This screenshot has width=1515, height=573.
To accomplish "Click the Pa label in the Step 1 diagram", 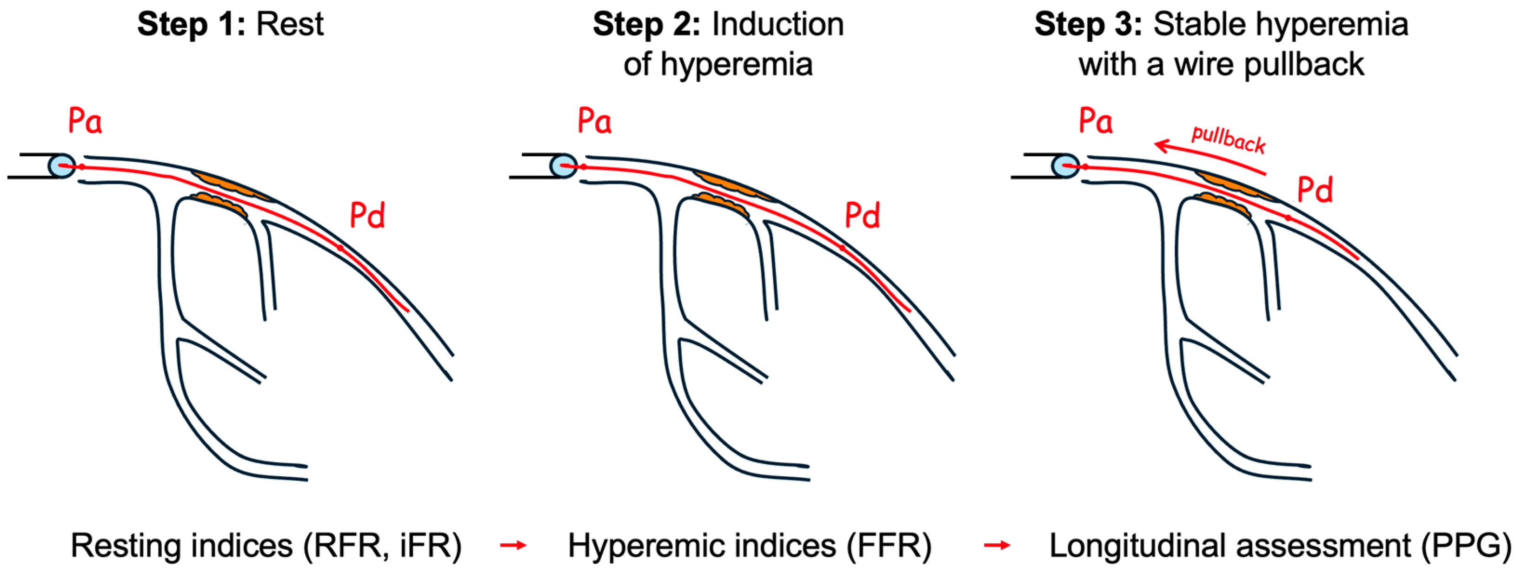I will (85, 121).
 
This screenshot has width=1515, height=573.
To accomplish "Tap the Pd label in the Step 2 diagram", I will (862, 216).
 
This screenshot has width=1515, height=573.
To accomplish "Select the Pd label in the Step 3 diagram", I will (1315, 190).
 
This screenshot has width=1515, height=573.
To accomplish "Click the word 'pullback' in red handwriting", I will (1228, 139).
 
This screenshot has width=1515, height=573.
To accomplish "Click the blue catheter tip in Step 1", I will (61, 166).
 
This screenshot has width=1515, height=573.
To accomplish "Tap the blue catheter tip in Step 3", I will (1065, 166).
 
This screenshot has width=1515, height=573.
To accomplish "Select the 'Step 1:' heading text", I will (191, 25).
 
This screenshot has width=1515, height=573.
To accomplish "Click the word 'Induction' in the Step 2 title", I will (777, 25).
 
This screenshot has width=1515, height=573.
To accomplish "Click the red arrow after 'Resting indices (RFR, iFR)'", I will (513, 546).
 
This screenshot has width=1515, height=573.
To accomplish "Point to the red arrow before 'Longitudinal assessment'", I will (997, 546).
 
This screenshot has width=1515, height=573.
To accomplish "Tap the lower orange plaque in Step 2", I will (720, 203).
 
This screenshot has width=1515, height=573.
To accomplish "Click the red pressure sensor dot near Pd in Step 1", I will (340, 248).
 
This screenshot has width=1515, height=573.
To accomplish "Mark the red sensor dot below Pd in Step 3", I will (1288, 218).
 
